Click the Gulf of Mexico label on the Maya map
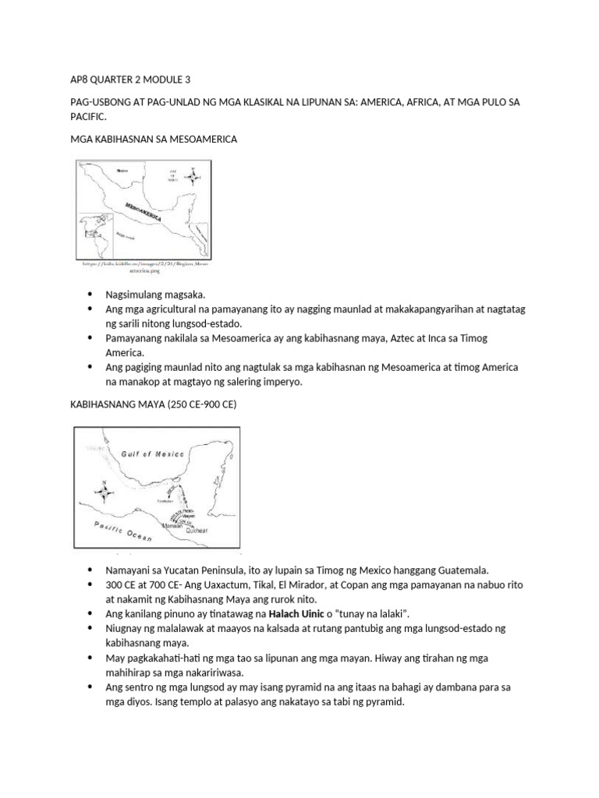[152, 454]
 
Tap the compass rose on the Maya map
[103, 493]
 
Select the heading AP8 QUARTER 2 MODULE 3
[125, 79]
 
